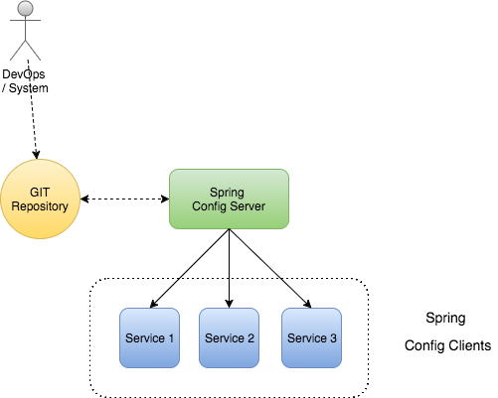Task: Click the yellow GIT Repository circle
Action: [x=40, y=199]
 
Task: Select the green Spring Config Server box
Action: [x=229, y=199]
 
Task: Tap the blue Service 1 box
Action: [x=149, y=337]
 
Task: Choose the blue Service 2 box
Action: [x=229, y=337]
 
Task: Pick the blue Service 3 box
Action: [x=311, y=337]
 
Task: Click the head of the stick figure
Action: [x=26, y=8]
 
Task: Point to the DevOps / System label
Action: [x=25, y=81]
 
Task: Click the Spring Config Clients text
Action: [x=447, y=332]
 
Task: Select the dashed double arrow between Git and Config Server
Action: [x=125, y=199]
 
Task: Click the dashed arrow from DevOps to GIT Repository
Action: [x=32, y=109]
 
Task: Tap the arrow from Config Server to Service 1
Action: [x=189, y=268]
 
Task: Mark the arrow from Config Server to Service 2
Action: [x=229, y=268]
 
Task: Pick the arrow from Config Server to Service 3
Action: [x=270, y=268]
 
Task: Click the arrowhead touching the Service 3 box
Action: [x=308, y=304]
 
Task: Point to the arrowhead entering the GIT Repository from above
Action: [x=36, y=155]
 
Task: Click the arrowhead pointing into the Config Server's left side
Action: [x=165, y=199]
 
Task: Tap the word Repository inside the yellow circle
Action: [x=40, y=206]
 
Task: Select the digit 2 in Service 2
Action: [x=250, y=338]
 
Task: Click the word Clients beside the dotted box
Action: [x=470, y=345]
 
